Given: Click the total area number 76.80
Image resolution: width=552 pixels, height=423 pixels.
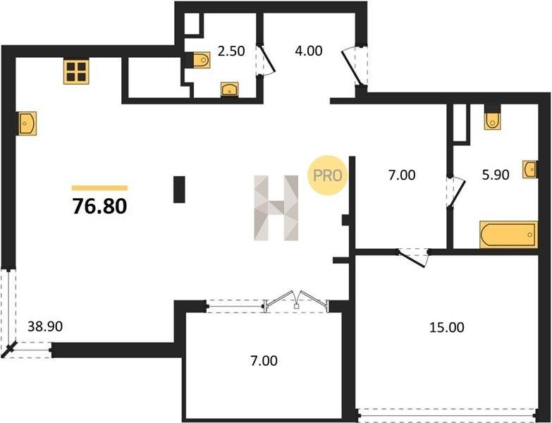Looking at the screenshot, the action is pyautogui.click(x=99, y=207).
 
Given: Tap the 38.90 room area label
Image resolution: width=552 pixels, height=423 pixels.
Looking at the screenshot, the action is pyautogui.click(x=45, y=326).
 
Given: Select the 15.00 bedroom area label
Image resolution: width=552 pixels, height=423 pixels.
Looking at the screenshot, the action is pyautogui.click(x=447, y=328).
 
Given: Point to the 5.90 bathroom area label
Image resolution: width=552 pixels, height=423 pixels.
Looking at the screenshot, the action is pyautogui.click(x=496, y=175).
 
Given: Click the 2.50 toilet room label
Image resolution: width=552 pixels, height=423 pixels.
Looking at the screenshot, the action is pyautogui.click(x=231, y=51).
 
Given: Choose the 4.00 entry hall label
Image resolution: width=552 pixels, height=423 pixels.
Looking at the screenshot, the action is pyautogui.click(x=308, y=51).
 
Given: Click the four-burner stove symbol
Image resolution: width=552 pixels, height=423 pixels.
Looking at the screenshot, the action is pyautogui.click(x=76, y=71).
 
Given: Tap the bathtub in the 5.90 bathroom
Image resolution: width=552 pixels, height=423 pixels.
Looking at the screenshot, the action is pyautogui.click(x=509, y=234).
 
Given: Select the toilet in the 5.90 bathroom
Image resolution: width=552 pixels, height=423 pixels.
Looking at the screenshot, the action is pyautogui.click(x=493, y=118).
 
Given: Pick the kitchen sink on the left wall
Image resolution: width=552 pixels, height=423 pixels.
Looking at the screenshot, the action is pyautogui.click(x=26, y=123).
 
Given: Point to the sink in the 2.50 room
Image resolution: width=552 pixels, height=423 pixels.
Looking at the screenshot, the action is pyautogui.click(x=230, y=90).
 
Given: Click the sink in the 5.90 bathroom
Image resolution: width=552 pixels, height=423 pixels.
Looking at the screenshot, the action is pyautogui.click(x=530, y=169).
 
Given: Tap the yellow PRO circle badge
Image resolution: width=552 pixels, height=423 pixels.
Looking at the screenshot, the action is pyautogui.click(x=326, y=175).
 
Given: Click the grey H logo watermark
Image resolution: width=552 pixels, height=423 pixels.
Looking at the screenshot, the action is pyautogui.click(x=276, y=208).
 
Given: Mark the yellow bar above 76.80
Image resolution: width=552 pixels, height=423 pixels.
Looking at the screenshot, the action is pyautogui.click(x=99, y=188).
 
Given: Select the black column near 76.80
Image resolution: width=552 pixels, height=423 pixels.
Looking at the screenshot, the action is pyautogui.click(x=179, y=190).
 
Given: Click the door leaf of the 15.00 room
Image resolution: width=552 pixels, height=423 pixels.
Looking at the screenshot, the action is pyautogui.click(x=412, y=259).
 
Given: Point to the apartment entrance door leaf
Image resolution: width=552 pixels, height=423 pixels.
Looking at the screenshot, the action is pyautogui.click(x=351, y=69).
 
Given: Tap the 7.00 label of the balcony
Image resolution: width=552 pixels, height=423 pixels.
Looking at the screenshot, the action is pyautogui.click(x=264, y=361).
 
